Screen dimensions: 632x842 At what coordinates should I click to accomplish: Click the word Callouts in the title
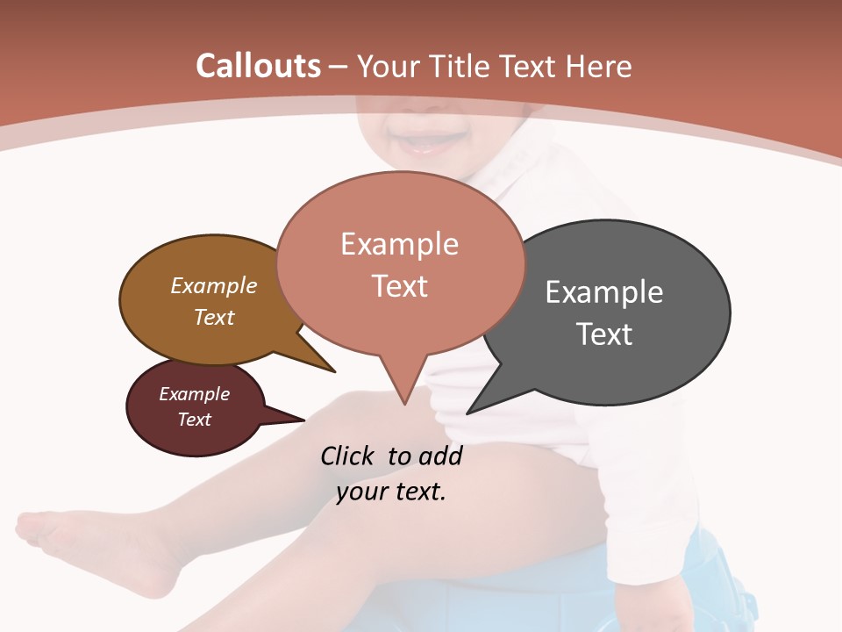click(x=258, y=66)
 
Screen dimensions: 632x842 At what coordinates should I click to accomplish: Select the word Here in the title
click(x=600, y=66)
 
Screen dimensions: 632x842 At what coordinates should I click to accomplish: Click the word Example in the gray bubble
click(x=603, y=292)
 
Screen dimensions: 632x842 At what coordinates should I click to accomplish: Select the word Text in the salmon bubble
click(x=400, y=286)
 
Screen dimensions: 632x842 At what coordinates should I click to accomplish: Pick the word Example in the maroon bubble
click(x=194, y=394)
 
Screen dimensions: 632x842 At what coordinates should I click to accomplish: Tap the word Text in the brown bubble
click(x=214, y=317)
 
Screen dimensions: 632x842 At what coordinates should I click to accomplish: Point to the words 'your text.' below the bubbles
click(x=390, y=492)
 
